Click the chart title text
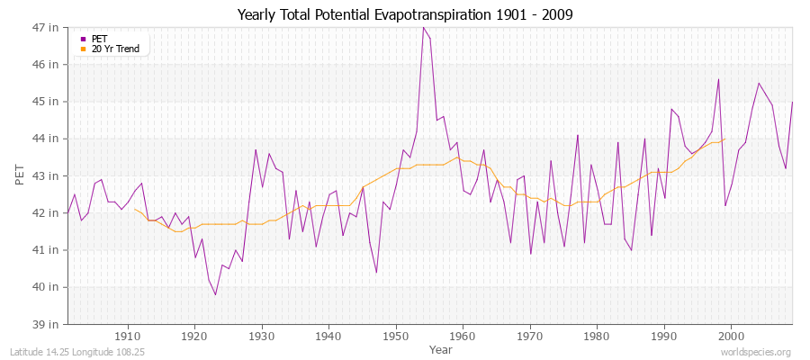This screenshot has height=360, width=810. point(405,14)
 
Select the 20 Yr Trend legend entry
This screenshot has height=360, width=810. point(113,49)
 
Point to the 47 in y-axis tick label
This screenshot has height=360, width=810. point(48,28)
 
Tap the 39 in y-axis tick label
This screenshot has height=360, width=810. point(48,324)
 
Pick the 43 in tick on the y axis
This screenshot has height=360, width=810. point(48,175)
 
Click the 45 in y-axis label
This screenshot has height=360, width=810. point(48,102)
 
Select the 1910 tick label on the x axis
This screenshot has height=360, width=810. point(127,337)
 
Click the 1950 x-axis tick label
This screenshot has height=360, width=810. point(395,337)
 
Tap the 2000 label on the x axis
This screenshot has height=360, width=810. point(731,337)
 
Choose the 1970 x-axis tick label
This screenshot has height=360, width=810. point(529,337)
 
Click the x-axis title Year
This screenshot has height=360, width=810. point(441,348)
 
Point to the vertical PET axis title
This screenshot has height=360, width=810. point(20,175)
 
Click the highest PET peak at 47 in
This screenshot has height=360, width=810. point(422,27)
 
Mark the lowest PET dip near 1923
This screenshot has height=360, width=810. point(215,294)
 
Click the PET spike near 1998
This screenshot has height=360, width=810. point(718,79)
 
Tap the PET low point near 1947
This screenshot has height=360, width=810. point(376,272)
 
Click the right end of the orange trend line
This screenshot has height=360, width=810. point(724,139)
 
